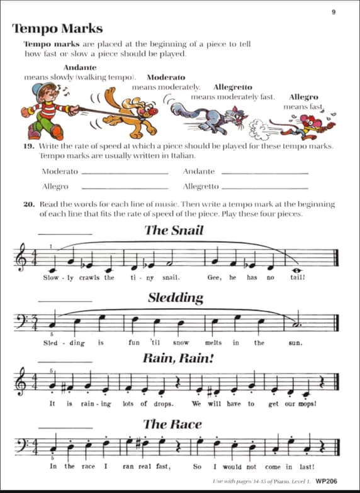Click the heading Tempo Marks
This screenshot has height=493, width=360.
point(57,29)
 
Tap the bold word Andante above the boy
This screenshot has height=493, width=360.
point(80,68)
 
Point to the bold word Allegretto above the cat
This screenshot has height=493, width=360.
point(232,87)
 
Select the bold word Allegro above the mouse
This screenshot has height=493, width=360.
point(303,97)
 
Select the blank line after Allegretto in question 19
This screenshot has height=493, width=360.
point(265,187)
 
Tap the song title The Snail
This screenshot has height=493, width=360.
point(174,230)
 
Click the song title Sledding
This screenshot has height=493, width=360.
point(176,297)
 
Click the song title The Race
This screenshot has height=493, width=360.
point(172,424)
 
